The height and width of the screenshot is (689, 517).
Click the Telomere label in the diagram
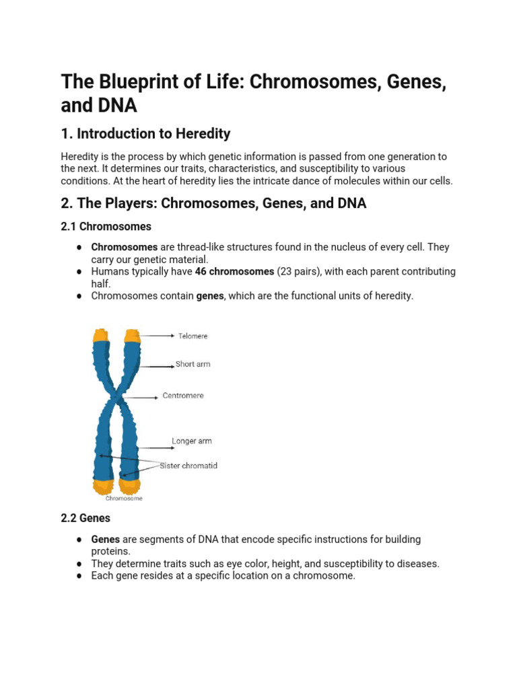tap(193, 335)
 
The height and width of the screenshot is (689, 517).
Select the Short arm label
tap(193, 364)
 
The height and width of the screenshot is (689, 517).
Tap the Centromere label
tap(183, 396)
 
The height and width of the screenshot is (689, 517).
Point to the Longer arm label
tap(191, 441)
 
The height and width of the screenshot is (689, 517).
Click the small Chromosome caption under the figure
tap(123, 499)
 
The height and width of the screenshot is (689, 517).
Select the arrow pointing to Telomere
tap(158, 335)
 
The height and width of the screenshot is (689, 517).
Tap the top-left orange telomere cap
tap(101, 334)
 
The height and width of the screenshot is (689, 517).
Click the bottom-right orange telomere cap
tap(129, 484)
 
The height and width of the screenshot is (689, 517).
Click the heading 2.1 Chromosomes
tap(106, 227)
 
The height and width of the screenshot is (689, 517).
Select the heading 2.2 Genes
tap(85, 518)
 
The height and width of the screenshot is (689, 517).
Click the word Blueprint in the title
tap(134, 83)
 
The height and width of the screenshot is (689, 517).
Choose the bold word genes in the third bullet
tap(209, 296)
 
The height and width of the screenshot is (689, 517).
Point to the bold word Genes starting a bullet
tap(105, 540)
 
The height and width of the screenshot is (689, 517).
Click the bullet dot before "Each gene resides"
tap(79, 576)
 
